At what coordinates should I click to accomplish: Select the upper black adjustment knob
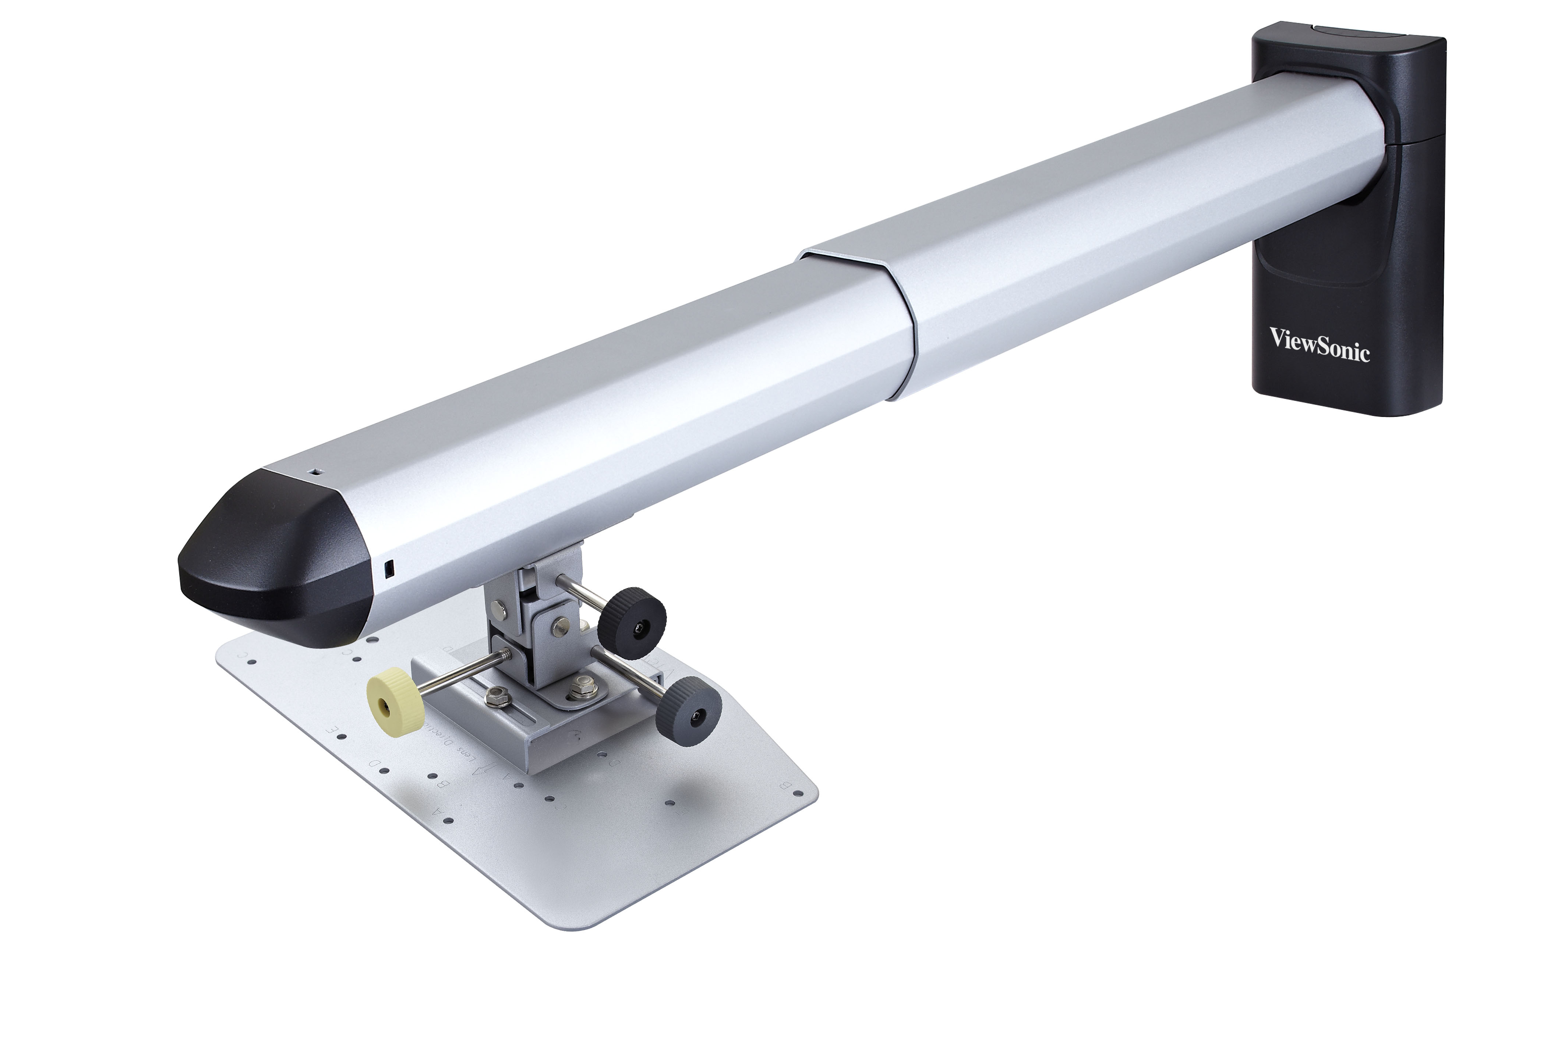coord(632,622)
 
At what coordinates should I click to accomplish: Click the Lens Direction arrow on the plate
coord(480,770)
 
